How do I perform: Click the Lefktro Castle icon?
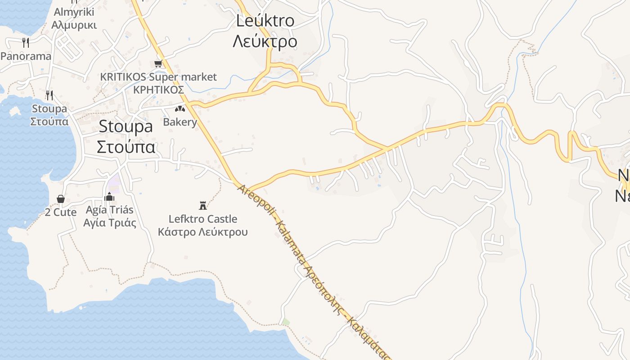pos(203,206)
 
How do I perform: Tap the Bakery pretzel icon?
pos(180,109)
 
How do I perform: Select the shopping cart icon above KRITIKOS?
pos(158,64)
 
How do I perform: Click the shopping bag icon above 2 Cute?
pos(60,199)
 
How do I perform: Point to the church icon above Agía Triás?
pos(109,197)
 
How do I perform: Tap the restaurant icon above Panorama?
pos(26,43)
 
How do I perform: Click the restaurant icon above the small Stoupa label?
pos(49,95)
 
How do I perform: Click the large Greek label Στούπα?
pos(126,148)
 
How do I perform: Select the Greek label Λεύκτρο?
pos(265,41)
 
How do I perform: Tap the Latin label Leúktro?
pos(265,21)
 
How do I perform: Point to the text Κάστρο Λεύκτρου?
pos(202,232)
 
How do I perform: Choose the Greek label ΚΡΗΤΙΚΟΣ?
pos(158,90)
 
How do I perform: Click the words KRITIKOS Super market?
pos(158,77)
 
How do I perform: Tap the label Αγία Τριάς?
pos(110,223)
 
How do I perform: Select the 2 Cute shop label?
pos(60,212)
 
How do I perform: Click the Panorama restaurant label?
pos(26,56)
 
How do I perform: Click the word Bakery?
pos(180,122)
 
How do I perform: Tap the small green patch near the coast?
pos(286,322)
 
